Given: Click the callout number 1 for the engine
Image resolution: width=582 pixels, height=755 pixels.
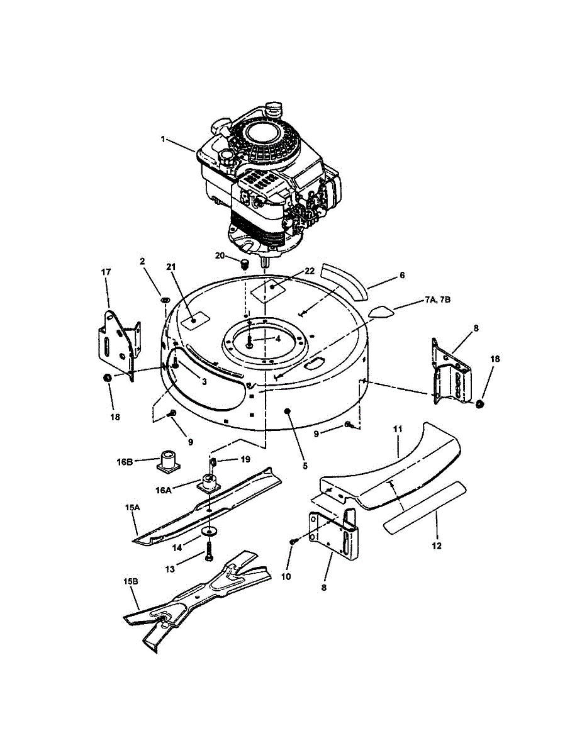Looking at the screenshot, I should point(162,139).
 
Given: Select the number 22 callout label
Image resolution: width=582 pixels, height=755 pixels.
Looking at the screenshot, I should point(309,271).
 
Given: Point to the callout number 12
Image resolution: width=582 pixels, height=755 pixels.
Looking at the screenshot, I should point(436,545).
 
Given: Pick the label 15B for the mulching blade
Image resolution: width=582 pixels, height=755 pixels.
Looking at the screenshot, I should point(130,582).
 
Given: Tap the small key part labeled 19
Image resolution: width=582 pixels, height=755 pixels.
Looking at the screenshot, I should point(213,462).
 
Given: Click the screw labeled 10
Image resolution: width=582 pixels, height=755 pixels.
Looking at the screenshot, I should point(293,541).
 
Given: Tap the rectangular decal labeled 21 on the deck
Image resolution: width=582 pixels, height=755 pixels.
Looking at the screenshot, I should point(194,320).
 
